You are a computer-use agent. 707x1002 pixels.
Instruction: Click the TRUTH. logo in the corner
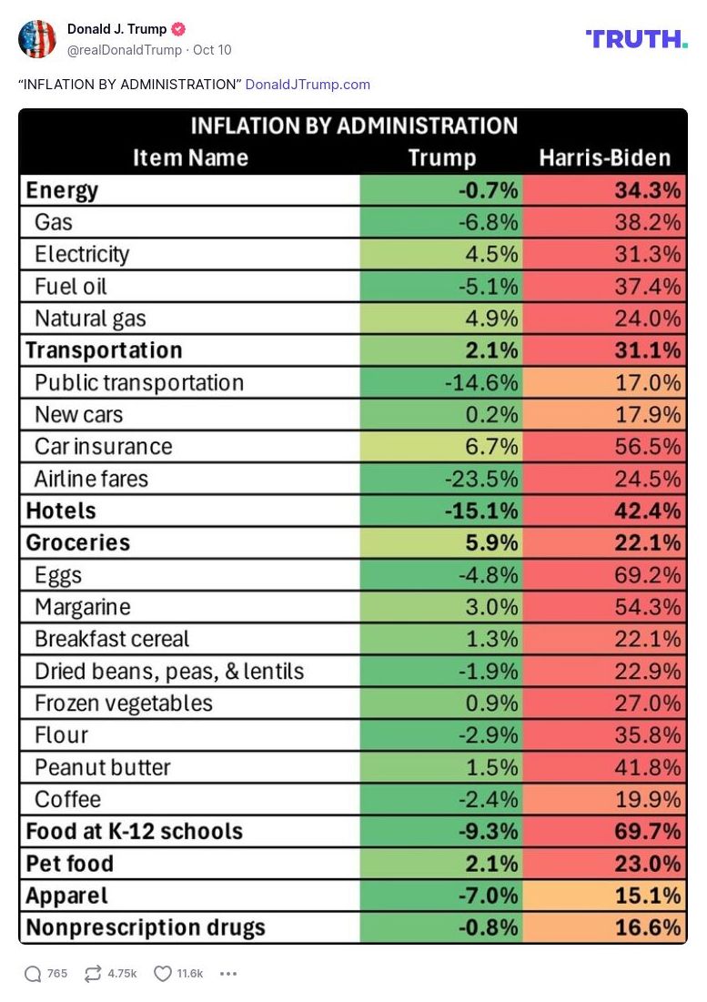tap(636, 38)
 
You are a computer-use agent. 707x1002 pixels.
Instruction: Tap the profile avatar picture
tap(37, 38)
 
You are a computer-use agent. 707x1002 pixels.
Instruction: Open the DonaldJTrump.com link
tap(308, 85)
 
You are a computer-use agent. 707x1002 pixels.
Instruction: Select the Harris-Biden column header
tap(604, 157)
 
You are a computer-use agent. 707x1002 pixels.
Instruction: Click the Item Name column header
tap(190, 157)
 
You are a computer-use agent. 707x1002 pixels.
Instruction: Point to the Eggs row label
tap(58, 575)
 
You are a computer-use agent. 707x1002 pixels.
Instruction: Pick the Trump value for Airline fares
tap(480, 479)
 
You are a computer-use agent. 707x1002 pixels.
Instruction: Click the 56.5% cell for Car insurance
tap(647, 447)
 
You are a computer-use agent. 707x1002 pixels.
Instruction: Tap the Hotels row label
tap(61, 511)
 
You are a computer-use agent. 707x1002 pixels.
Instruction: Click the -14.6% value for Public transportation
tap(480, 382)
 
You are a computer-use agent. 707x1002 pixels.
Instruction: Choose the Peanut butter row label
tap(102, 767)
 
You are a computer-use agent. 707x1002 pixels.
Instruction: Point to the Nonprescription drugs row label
tap(146, 927)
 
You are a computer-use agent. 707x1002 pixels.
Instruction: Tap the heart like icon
tap(163, 974)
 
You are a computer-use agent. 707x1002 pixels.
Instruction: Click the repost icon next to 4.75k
tap(92, 974)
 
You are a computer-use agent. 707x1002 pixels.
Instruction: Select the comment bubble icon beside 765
tap(33, 974)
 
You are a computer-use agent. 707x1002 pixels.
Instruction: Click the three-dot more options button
tap(228, 974)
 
